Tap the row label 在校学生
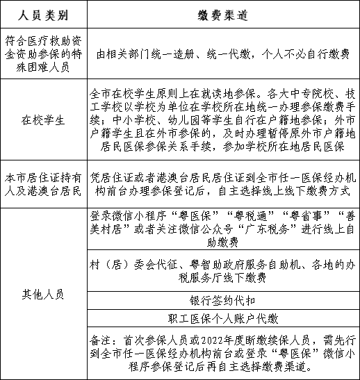[x=44, y=119]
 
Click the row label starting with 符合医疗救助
[x=44, y=53]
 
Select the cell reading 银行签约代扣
[x=224, y=301]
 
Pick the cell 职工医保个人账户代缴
[x=224, y=320]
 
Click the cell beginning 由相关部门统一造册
[x=224, y=53]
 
